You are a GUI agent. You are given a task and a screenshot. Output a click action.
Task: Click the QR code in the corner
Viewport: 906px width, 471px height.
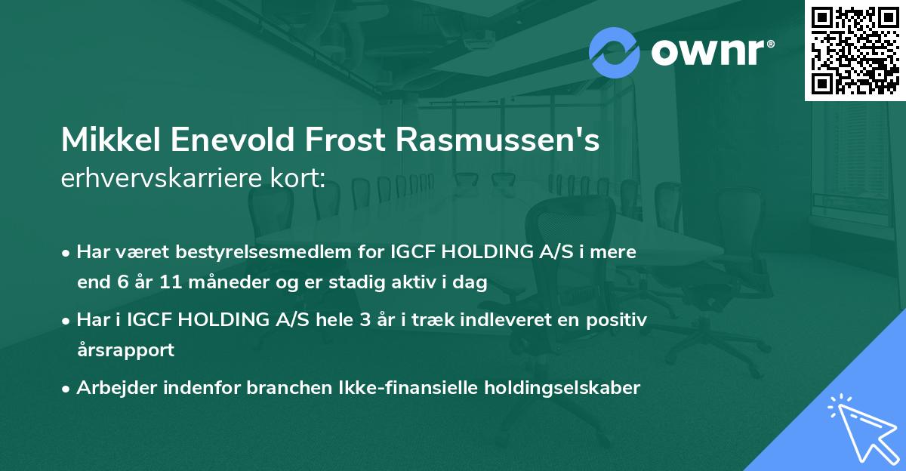click(x=855, y=50)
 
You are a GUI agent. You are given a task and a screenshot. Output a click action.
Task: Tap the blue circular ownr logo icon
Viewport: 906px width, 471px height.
click(x=615, y=52)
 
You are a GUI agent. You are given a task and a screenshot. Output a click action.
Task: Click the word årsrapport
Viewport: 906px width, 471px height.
click(x=125, y=350)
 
